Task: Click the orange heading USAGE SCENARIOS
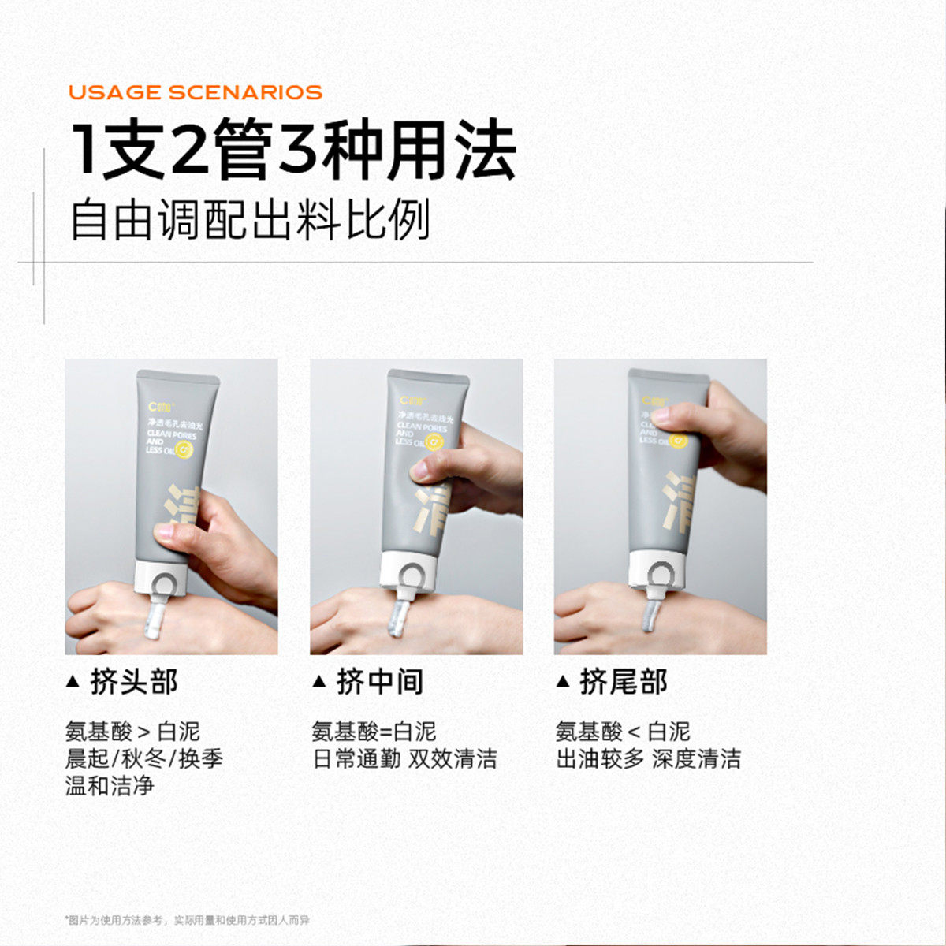pyautogui.click(x=196, y=92)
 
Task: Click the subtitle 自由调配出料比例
pyautogui.click(x=250, y=220)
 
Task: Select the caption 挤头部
pyautogui.click(x=134, y=681)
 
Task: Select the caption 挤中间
pyautogui.click(x=379, y=681)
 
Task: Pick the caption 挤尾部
pyautogui.click(x=623, y=681)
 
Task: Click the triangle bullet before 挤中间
pyautogui.click(x=319, y=681)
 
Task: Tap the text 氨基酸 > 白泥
pyautogui.click(x=132, y=732)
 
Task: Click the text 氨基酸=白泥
pyautogui.click(x=374, y=732)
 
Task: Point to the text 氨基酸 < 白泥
pyautogui.click(x=623, y=732)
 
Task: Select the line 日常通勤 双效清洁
pyautogui.click(x=404, y=759)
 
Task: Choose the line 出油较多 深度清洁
pyautogui.click(x=648, y=759)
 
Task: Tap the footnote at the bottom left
pyautogui.click(x=187, y=920)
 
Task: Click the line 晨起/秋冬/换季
pyautogui.click(x=144, y=759)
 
